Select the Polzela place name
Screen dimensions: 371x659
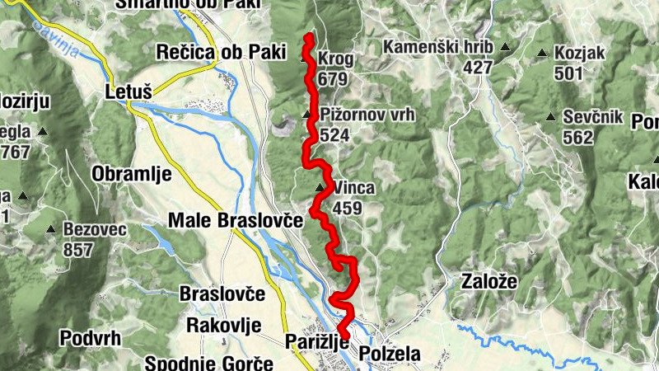390,354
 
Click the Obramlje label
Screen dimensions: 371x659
132,174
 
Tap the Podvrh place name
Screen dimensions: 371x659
91,337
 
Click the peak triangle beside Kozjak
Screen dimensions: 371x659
542,54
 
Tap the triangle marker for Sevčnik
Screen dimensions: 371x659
549,117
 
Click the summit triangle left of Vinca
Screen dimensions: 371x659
320,188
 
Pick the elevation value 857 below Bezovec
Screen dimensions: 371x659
78,250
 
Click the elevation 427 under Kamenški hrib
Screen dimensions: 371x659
477,67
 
